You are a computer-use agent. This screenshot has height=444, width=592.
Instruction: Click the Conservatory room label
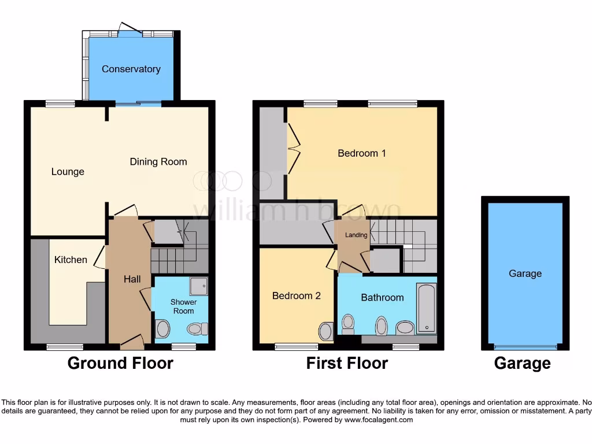131,69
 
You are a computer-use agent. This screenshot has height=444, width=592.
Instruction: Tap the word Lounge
68,172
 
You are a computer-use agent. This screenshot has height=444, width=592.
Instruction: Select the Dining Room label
158,162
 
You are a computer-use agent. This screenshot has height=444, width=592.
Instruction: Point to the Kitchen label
71,260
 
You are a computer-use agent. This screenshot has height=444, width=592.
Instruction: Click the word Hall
132,279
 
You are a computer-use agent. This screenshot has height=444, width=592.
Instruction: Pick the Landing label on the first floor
356,235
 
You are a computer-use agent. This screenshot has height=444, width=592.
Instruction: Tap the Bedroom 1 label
362,153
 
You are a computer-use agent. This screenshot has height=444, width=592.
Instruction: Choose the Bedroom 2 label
296,295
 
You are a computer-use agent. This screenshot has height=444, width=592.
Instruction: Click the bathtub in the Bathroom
426,308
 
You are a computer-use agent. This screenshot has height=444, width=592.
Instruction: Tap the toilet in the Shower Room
197,329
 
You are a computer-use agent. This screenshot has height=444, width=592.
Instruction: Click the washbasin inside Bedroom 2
325,331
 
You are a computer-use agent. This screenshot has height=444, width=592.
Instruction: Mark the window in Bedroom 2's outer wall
296,347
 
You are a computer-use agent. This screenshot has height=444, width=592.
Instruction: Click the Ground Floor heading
120,363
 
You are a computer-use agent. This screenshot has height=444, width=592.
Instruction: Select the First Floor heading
347,363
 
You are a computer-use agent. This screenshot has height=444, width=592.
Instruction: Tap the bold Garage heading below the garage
522,363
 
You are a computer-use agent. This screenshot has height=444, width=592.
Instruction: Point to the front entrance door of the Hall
132,343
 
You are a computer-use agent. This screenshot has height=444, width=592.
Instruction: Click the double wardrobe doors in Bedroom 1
294,151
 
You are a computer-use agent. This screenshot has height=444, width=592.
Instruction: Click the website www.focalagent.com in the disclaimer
378,420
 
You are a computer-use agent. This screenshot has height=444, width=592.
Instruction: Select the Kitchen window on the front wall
64,347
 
